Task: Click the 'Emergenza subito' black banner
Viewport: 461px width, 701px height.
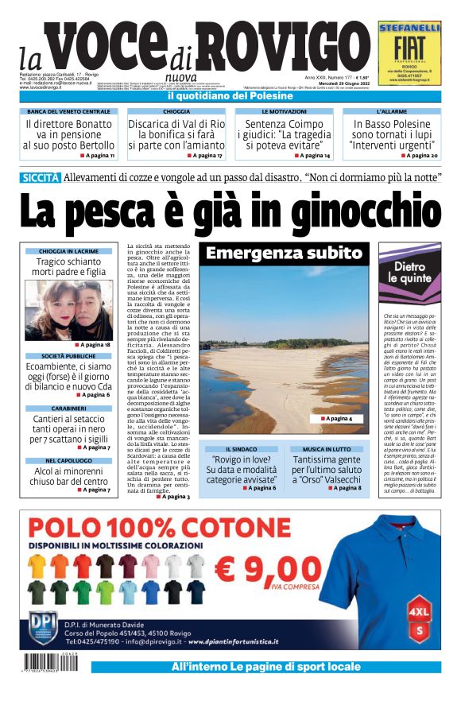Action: (284, 254)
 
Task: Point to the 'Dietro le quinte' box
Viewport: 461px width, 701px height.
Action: (409, 273)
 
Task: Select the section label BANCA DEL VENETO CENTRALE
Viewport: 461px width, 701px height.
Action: (68, 111)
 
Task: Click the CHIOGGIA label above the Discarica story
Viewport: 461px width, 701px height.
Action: (176, 111)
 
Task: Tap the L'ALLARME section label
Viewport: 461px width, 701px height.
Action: (392, 111)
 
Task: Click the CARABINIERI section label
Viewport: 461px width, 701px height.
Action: (68, 408)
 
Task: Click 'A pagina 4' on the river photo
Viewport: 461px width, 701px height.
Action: (337, 418)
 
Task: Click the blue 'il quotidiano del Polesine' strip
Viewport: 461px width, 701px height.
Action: (230, 96)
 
